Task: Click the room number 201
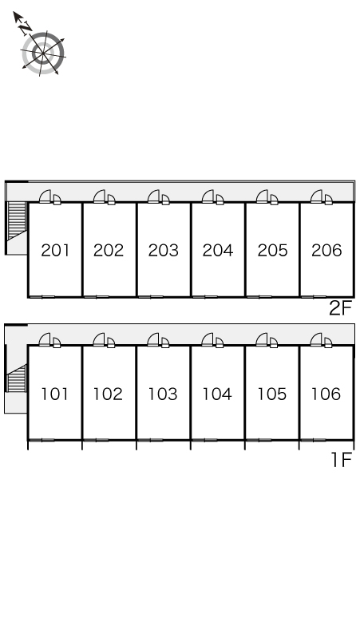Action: (x=55, y=250)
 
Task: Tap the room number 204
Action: (x=218, y=250)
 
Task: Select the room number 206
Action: (x=326, y=250)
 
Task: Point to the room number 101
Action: (x=54, y=394)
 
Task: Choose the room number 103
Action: (x=163, y=394)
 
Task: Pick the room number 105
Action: (x=271, y=394)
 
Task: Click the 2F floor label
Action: (x=340, y=308)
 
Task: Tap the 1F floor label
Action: (x=341, y=460)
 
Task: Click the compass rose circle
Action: (x=43, y=53)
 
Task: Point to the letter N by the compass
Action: (x=26, y=27)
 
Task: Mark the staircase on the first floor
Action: (x=17, y=378)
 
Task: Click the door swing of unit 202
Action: (x=100, y=196)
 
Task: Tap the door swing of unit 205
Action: (x=263, y=196)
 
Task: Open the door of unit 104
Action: (x=208, y=339)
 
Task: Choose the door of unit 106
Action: (x=317, y=339)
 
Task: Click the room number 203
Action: (x=164, y=250)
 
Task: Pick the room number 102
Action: (x=108, y=394)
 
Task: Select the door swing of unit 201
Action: (x=45, y=196)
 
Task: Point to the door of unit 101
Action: (x=45, y=339)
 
